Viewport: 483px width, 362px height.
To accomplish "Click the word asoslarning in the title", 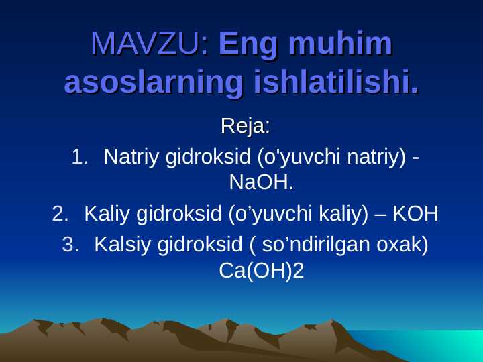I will (153, 83).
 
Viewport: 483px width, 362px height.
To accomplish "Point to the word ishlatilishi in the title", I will (335, 83).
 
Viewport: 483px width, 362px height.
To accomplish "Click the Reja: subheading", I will (246, 125).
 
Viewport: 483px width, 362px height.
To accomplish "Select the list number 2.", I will (60, 214).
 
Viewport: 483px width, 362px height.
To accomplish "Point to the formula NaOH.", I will (261, 182).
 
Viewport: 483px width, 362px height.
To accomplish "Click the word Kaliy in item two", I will (107, 214).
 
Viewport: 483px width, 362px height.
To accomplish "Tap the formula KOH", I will (415, 214).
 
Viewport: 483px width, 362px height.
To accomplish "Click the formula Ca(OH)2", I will (261, 270).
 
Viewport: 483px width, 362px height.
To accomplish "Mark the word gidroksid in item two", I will (179, 214).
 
